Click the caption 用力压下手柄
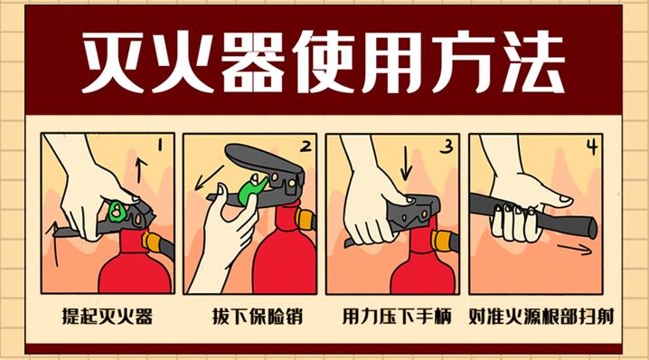(392, 317)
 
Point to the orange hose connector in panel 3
(443, 241)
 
